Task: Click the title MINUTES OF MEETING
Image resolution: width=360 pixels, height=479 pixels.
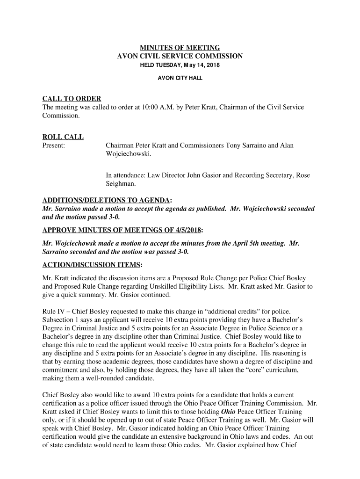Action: click(x=180, y=48)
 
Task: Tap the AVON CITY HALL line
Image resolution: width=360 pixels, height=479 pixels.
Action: click(x=180, y=78)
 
